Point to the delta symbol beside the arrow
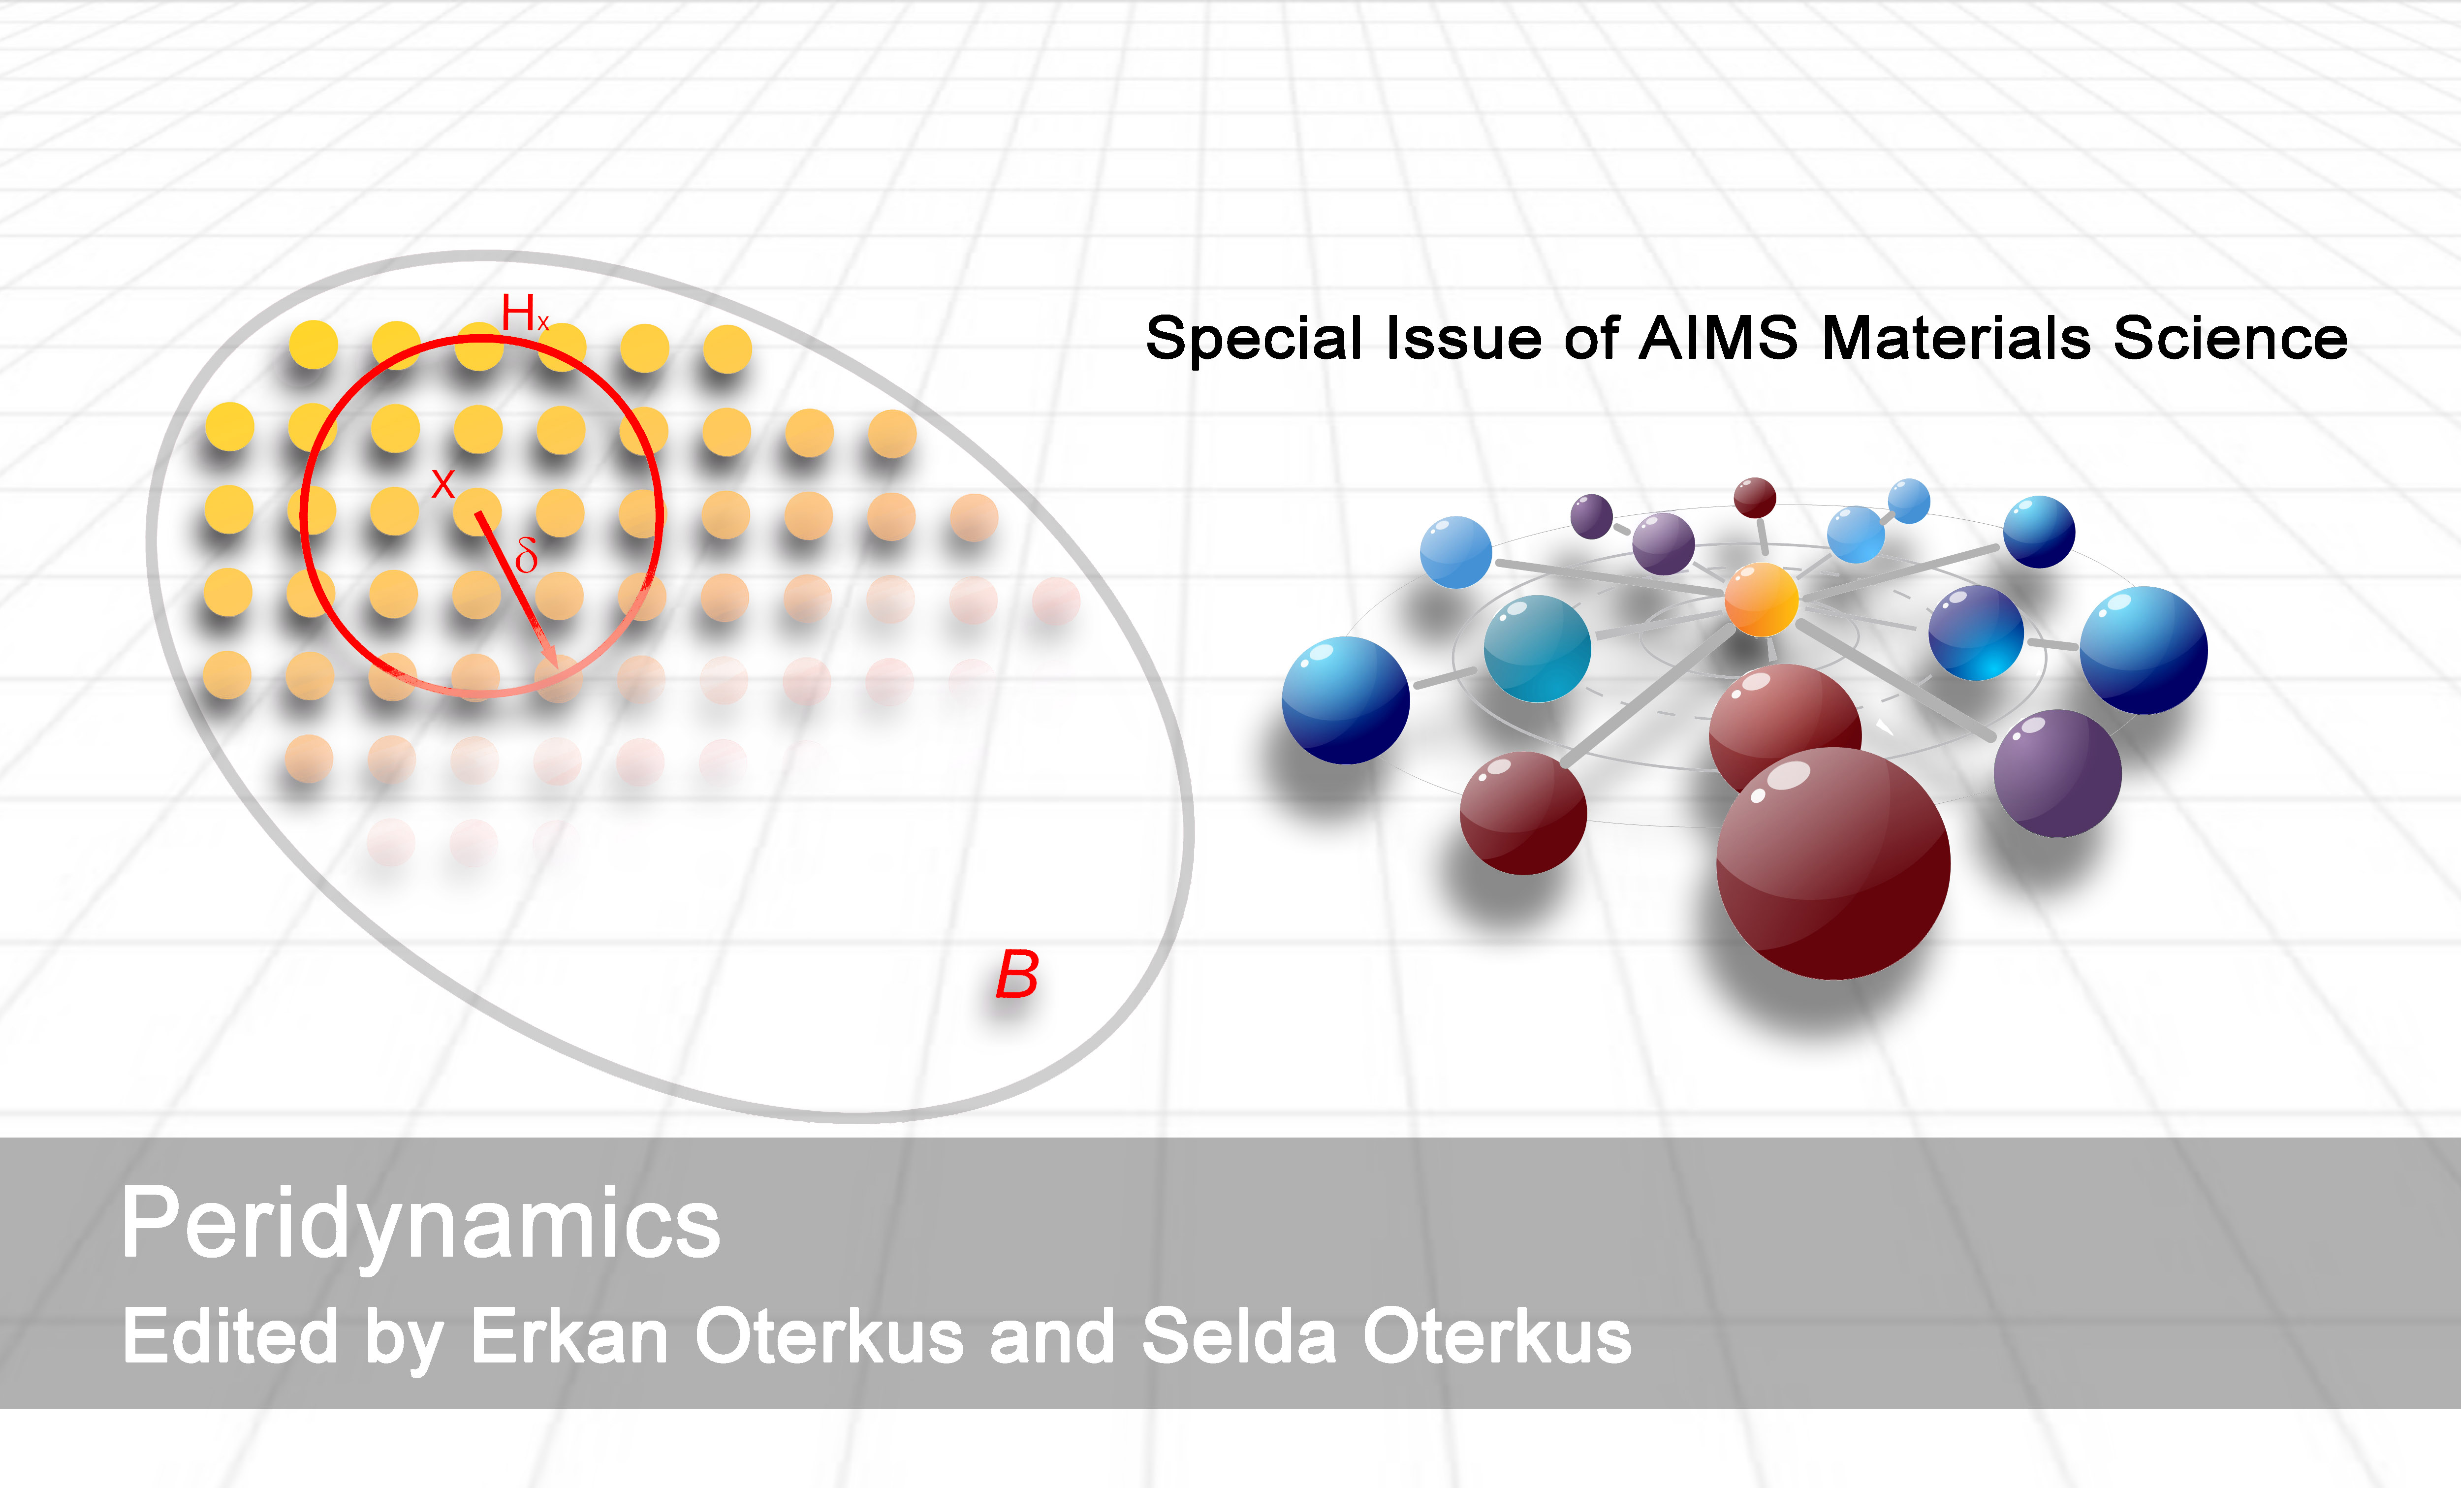[526, 554]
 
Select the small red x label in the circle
[442, 484]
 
